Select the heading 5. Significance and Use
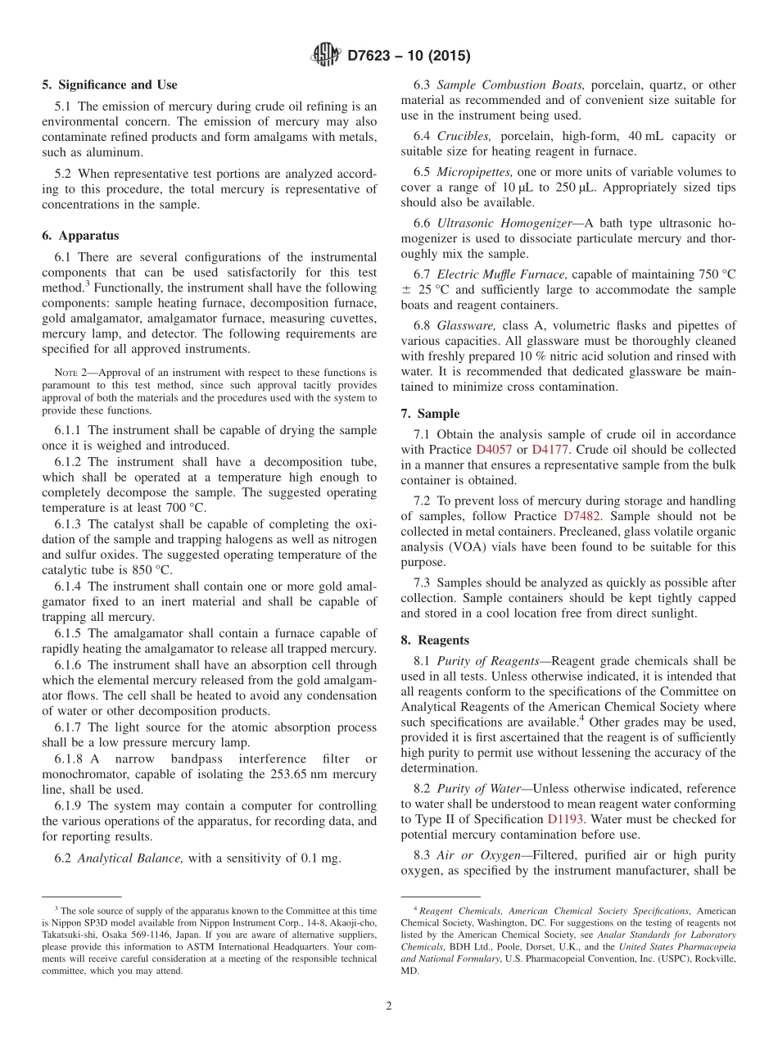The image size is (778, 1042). tap(110, 85)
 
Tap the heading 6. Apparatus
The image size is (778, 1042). tap(80, 236)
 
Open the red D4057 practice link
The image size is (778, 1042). tap(491, 450)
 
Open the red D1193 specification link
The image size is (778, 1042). tap(565, 819)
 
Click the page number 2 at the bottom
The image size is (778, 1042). tap(389, 1007)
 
